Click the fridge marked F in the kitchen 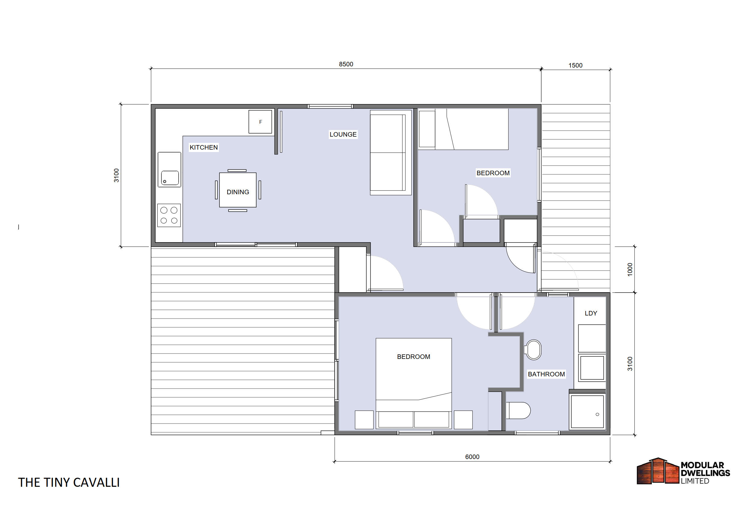[x=260, y=122]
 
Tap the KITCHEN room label [x=204, y=147]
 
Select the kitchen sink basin [x=170, y=178]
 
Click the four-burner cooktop [x=169, y=215]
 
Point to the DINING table [x=238, y=190]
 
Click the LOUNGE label [x=343, y=134]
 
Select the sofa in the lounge [x=391, y=153]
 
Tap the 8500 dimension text [x=346, y=64]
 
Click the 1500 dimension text [x=575, y=65]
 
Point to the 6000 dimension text [x=472, y=457]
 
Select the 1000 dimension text [x=630, y=270]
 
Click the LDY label [x=591, y=313]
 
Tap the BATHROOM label [x=546, y=374]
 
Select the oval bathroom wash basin [x=533, y=350]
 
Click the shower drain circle [x=597, y=415]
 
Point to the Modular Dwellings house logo [x=658, y=471]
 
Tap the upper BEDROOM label [x=493, y=173]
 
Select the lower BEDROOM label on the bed [x=413, y=357]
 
